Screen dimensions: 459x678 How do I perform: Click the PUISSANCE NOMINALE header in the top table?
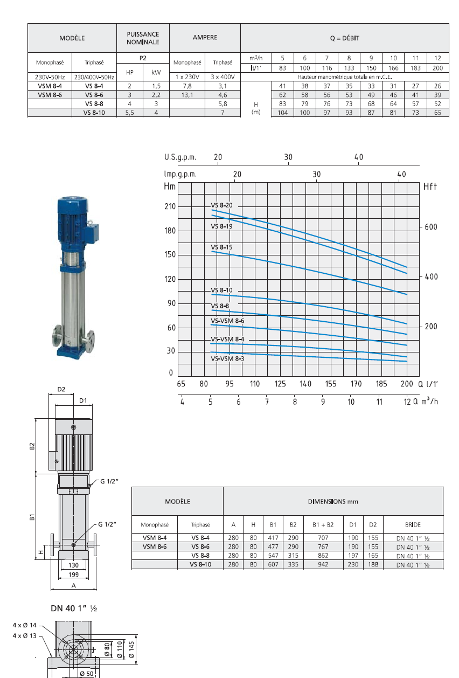pos(143,38)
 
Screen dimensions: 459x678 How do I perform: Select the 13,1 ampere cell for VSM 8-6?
pos(187,95)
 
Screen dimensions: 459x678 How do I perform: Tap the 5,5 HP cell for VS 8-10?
pos(129,113)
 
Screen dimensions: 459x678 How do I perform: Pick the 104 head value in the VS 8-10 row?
pos(282,113)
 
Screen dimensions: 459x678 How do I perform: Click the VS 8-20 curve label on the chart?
pos(221,205)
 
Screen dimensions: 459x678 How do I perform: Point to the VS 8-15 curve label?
pos(221,247)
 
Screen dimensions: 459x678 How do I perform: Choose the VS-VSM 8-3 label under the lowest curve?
pos(227,359)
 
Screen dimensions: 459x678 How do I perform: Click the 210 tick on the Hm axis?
pos(170,206)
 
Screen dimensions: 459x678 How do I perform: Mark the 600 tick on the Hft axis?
pos(431,227)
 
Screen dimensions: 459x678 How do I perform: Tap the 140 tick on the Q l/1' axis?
pos(305,384)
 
